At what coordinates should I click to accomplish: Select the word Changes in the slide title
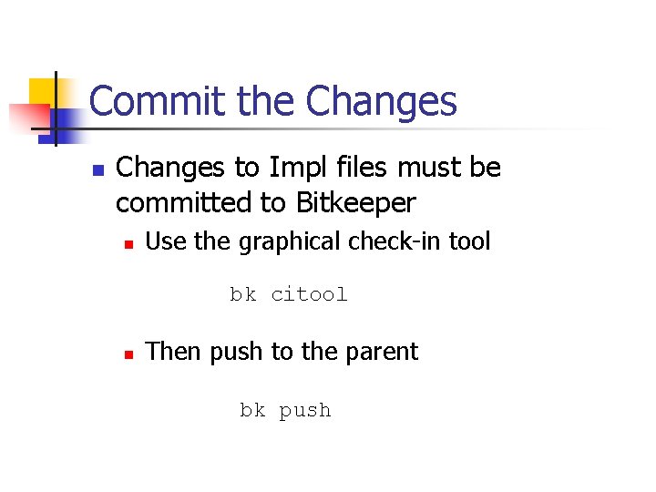pos(381,101)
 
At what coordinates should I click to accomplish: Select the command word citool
pos(309,294)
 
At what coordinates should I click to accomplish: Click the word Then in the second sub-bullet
pos(174,352)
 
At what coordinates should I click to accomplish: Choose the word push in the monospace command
pos(305,411)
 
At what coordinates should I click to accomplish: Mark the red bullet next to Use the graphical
pos(130,244)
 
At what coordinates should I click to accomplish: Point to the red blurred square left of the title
pos(27,117)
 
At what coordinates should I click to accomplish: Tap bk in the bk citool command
pos(242,294)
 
